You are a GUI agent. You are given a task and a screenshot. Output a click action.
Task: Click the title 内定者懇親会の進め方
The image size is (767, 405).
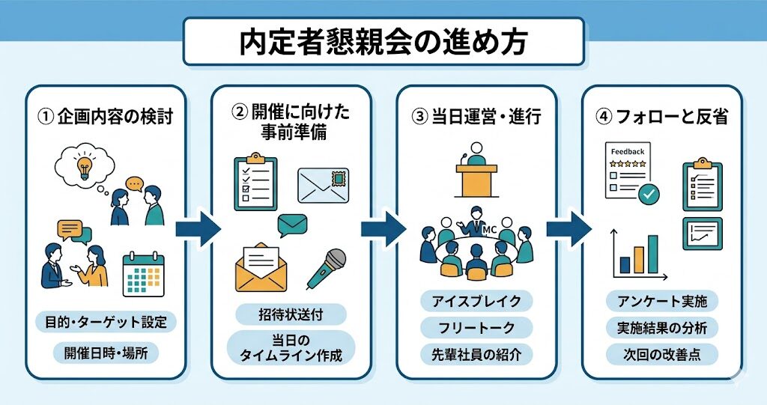pyautogui.click(x=383, y=41)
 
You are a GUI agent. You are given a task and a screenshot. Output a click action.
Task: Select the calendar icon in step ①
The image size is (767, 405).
pyautogui.click(x=142, y=272)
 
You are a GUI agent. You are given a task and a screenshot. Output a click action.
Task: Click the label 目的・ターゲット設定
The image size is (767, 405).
pyautogui.click(x=106, y=323)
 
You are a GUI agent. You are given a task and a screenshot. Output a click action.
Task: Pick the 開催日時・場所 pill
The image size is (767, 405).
pyautogui.click(x=106, y=352)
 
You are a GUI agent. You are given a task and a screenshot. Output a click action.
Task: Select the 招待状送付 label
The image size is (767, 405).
pyautogui.click(x=291, y=314)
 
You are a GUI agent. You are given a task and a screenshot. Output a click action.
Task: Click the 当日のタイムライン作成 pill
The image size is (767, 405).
pyautogui.click(x=291, y=347)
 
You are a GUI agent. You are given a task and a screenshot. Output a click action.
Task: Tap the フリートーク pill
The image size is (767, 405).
pyautogui.click(x=476, y=327)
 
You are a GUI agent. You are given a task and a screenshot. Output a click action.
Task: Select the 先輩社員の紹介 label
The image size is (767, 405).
pyautogui.click(x=476, y=353)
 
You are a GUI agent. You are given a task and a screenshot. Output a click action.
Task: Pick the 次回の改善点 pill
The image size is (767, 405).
pyautogui.click(x=661, y=353)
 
